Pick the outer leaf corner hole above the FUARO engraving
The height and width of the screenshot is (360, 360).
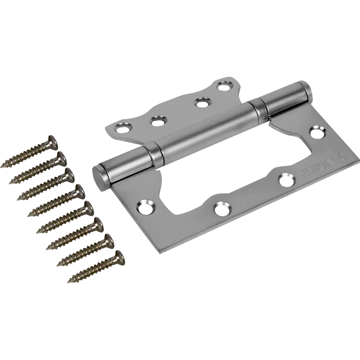[317, 131]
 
